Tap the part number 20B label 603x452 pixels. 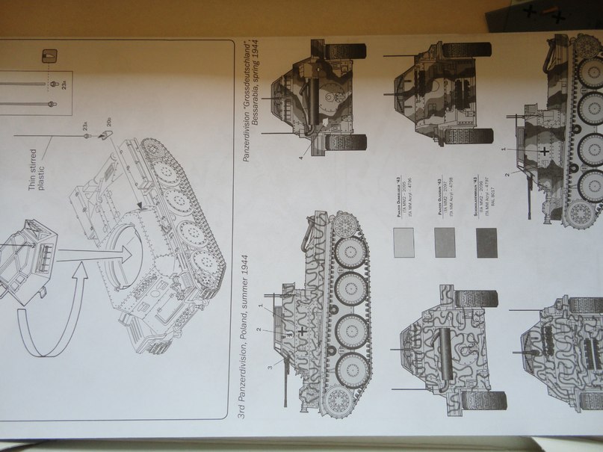click(109, 121)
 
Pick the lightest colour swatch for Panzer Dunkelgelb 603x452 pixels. click(403, 241)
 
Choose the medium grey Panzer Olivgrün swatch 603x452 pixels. click(445, 242)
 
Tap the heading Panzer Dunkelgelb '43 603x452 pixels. click(395, 199)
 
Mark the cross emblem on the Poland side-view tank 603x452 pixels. click(303, 329)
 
